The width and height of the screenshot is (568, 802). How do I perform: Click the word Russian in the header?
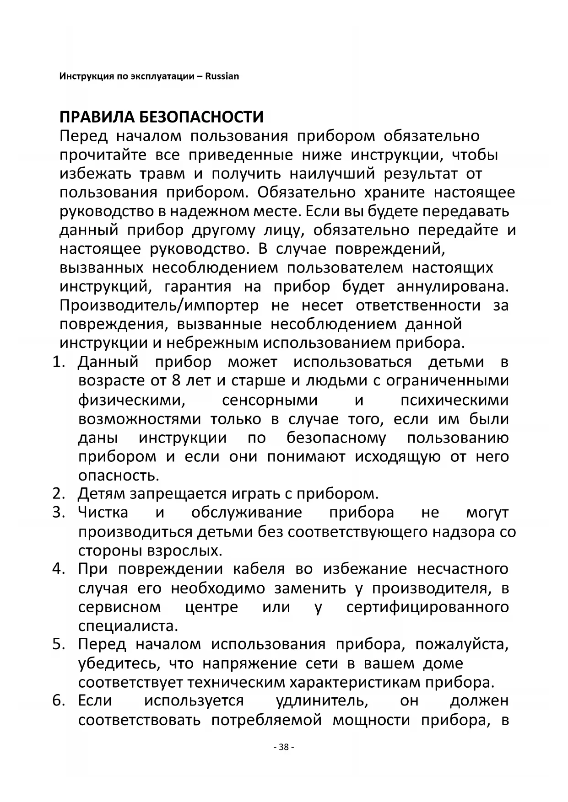pos(222,76)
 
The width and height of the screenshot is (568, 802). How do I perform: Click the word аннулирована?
pos(452,287)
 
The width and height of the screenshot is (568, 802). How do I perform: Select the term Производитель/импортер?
pos(159,305)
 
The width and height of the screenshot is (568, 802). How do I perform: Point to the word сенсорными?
pos(270,400)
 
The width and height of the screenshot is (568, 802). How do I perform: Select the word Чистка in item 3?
pos(103,513)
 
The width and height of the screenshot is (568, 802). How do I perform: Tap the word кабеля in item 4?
pos(259,569)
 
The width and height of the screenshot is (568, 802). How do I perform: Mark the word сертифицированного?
pos(427,607)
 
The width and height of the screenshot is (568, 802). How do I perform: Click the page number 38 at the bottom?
pos(284,748)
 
